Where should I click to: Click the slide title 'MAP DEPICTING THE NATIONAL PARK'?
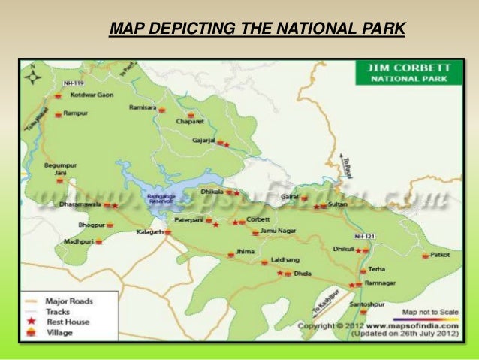point(257,29)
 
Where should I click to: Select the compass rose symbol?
point(33,76)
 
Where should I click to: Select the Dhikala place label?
point(211,192)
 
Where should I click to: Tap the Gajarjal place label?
point(203,141)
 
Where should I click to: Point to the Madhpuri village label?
point(78,241)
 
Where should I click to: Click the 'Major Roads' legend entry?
point(69,301)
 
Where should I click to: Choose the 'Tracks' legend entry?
point(58,311)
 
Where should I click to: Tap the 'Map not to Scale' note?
point(430,311)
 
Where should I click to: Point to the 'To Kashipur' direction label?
point(327,300)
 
